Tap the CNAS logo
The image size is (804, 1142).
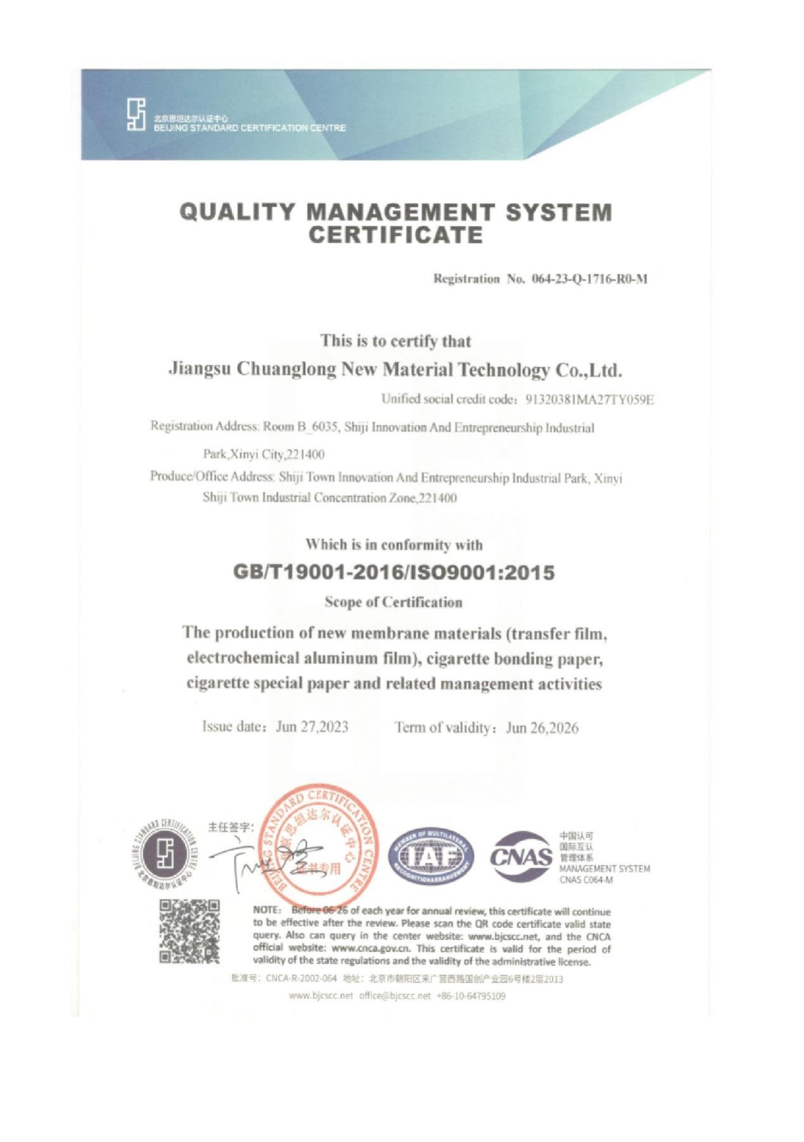click(521, 856)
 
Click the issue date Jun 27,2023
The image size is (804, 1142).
click(312, 726)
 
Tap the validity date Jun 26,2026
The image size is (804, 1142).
click(542, 728)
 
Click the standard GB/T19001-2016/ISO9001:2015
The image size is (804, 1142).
click(393, 573)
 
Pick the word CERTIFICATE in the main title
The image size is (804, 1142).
click(395, 235)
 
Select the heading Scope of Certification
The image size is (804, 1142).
click(393, 602)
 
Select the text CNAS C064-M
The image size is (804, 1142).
click(585, 880)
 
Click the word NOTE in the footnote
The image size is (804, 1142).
click(265, 910)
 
